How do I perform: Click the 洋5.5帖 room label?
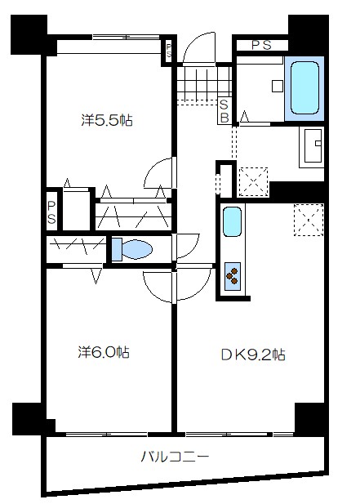point(107,120)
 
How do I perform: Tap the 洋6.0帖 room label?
point(104,352)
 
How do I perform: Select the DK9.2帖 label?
point(253,355)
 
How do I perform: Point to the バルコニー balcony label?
point(175,457)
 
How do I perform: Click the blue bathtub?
point(304,88)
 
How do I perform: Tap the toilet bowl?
point(137,249)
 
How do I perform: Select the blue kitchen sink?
point(232,221)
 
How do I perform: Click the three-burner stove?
point(233,276)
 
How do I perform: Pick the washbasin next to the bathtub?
point(312,146)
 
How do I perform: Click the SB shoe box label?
point(224,111)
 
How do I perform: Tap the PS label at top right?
point(262,45)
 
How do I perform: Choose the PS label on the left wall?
point(51,212)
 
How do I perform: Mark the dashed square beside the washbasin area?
point(254,181)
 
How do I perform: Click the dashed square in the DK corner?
point(309,220)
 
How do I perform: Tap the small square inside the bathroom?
point(278,86)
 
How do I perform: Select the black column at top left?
point(29,34)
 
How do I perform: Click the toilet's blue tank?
point(117,249)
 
